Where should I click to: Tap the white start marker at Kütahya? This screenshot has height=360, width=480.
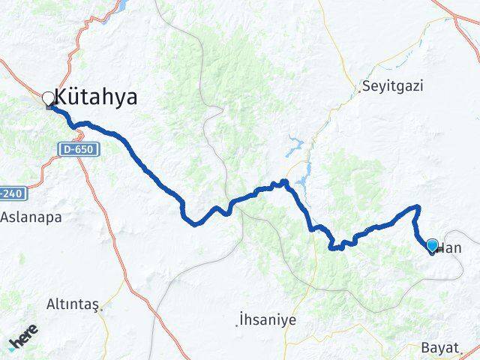point(49,98)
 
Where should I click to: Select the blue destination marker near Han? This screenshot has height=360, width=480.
point(432,245)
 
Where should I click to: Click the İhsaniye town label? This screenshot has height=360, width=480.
point(268,319)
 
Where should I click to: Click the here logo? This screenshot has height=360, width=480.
point(23,340)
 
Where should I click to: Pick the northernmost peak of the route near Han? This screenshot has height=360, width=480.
point(418,207)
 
